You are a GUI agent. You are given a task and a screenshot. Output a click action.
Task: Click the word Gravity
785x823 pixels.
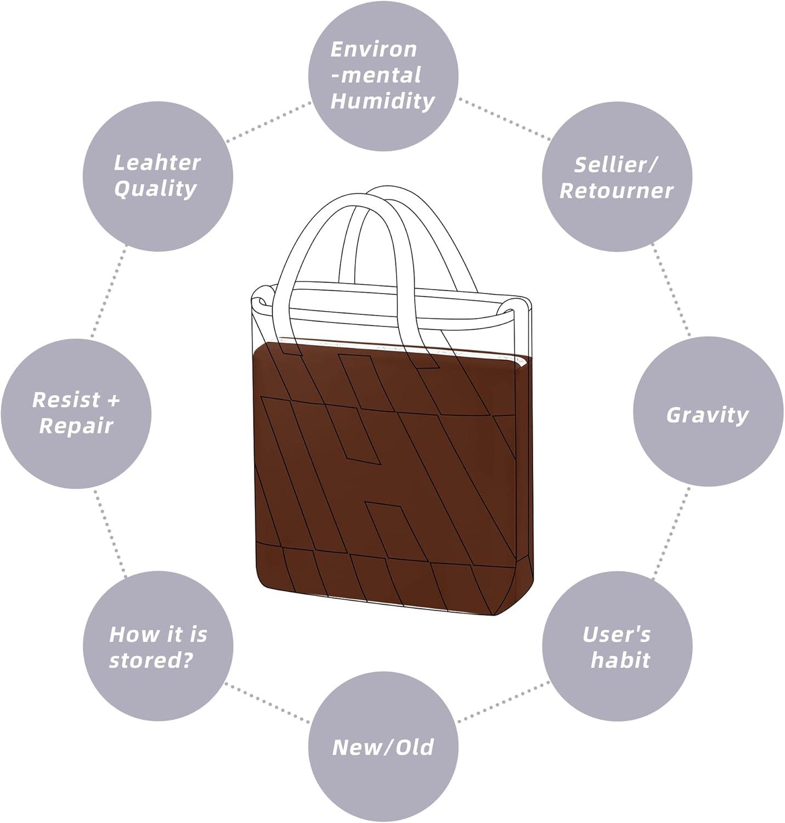pos(707,415)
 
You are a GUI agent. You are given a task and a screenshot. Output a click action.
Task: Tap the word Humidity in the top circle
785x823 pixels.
pos(382,102)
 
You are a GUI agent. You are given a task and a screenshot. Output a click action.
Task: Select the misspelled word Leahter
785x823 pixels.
pos(157,163)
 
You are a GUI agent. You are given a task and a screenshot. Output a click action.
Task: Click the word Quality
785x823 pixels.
pos(155,189)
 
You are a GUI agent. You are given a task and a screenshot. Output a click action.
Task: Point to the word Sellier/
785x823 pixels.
pos(617,165)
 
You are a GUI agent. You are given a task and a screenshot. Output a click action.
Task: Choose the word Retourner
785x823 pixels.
pos(617,191)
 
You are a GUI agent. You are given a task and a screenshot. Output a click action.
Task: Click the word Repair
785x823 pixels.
pos(76,426)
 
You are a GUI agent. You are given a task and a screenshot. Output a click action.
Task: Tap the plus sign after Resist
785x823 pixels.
pos(113,399)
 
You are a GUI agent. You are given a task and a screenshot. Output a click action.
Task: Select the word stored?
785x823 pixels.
pos(151,660)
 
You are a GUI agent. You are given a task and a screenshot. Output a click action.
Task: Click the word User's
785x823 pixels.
pos(617,635)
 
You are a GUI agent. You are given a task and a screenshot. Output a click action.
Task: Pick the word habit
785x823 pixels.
pos(620,660)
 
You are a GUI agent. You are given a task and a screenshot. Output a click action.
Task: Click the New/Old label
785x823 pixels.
pos(383,747)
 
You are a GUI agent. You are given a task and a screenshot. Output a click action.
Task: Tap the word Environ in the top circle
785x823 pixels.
pos(374,49)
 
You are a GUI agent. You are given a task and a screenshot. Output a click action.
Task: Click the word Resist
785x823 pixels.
pos(66,400)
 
